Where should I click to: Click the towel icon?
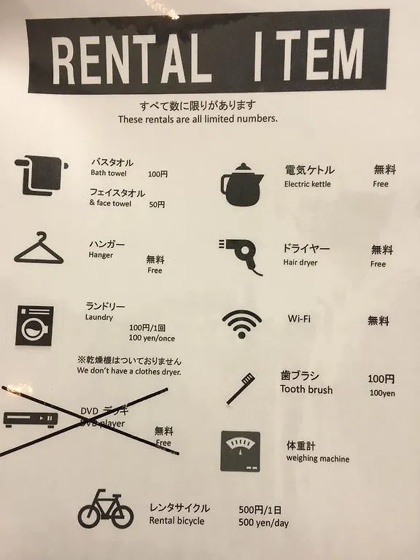(x=41, y=175)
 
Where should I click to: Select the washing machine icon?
(x=34, y=325)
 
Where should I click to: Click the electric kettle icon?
(x=242, y=184)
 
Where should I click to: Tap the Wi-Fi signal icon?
(x=242, y=324)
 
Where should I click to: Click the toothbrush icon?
(x=241, y=389)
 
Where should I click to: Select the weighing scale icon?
(x=241, y=451)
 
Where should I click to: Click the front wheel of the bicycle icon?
(x=122, y=516)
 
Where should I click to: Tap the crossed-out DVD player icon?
(x=31, y=419)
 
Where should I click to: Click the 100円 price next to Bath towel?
(x=157, y=174)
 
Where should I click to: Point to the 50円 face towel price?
(x=157, y=204)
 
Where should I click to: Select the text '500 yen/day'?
(x=263, y=523)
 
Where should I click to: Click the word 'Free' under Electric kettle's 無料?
(x=381, y=184)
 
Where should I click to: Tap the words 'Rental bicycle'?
(x=176, y=521)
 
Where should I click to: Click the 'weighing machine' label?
(x=317, y=458)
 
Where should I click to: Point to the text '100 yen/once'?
(x=152, y=338)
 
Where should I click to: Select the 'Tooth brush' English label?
(x=306, y=389)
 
